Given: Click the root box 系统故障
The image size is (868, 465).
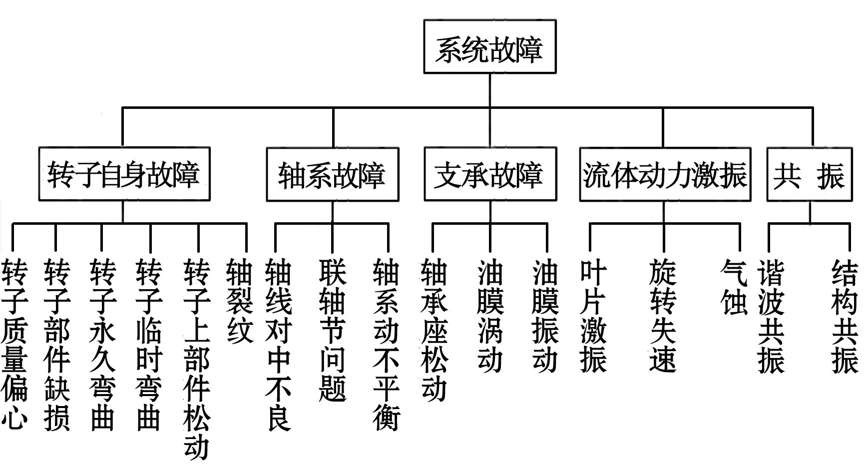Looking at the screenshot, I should (489, 47).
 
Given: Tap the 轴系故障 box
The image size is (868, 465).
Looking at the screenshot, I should (332, 174).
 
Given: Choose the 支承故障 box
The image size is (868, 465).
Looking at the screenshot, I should (489, 174).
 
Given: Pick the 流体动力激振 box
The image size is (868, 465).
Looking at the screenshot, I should (665, 174).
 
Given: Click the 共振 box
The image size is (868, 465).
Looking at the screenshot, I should (809, 174).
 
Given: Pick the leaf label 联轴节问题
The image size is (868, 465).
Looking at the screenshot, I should (333, 330).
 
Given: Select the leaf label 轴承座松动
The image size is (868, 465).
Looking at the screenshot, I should (434, 330).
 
